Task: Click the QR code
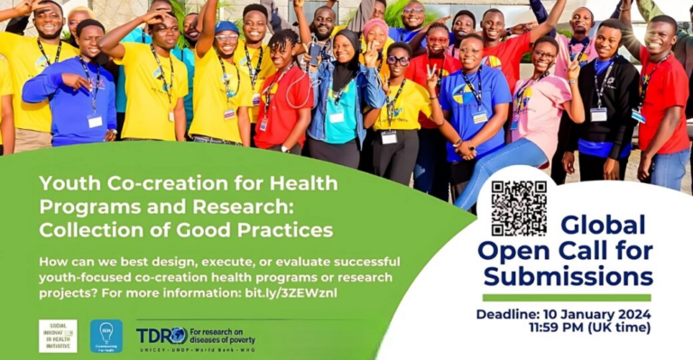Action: (519, 208)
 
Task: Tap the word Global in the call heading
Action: (603, 225)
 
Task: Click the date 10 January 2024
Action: (595, 314)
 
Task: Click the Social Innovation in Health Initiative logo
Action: (58, 336)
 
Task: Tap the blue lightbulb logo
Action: (106, 336)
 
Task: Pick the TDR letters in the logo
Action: (155, 335)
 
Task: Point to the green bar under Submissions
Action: (566, 298)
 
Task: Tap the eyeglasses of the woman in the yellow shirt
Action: (398, 60)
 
